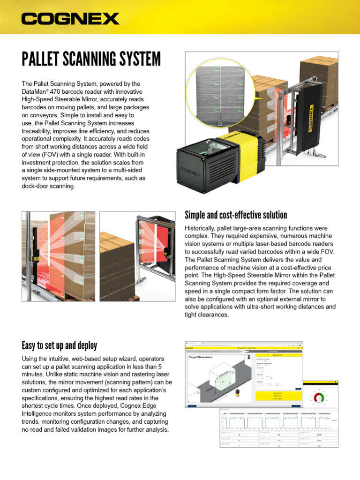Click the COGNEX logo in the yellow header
70,19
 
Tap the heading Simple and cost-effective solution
236,215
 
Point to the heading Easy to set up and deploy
60,346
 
